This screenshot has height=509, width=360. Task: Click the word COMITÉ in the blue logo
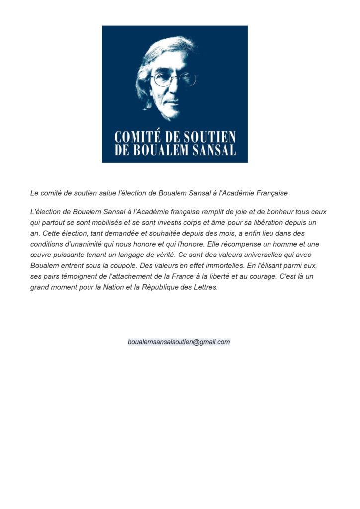(135, 137)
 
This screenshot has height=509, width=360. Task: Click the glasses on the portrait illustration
(174, 79)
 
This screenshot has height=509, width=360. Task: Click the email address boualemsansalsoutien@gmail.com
(179, 342)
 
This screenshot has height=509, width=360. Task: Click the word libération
(276, 222)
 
